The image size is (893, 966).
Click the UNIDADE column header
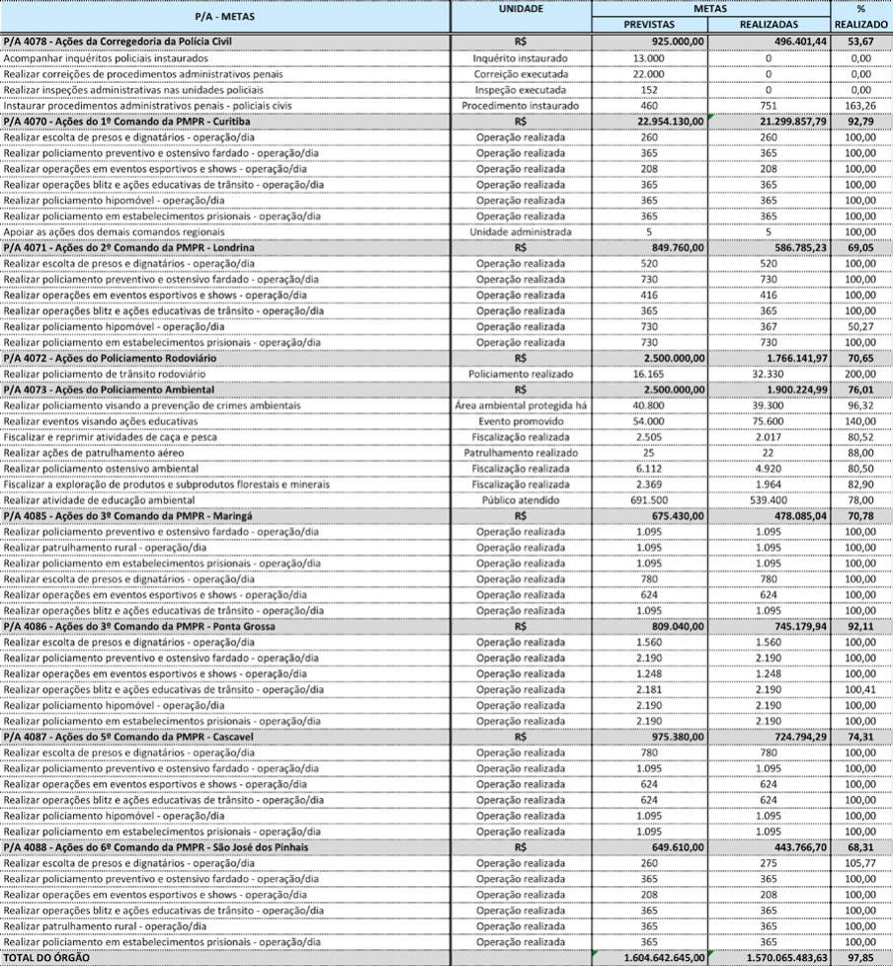click(521, 9)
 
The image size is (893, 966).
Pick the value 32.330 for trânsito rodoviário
click(768, 374)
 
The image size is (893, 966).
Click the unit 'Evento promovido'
click(521, 420)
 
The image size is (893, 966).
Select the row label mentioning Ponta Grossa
click(139, 626)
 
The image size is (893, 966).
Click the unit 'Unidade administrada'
click(521, 230)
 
